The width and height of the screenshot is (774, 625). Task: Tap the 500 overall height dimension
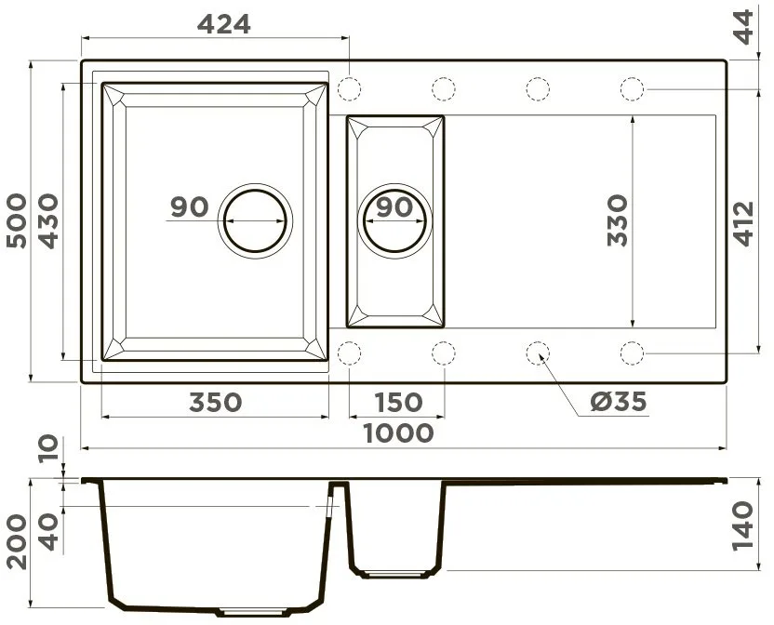pos(17,220)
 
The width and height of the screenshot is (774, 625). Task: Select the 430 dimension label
pos(48,220)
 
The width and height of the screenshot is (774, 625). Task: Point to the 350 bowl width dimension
pos(215,403)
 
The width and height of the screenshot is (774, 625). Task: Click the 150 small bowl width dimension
pos(398,403)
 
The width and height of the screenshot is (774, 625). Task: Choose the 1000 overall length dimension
pos(398,433)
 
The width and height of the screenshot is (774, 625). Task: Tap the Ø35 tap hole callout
pos(619,402)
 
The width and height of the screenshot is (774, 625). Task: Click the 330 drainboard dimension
pos(617,220)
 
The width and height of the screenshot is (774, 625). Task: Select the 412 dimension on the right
pos(743,223)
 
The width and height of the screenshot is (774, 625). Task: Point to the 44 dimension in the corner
pos(743,27)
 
